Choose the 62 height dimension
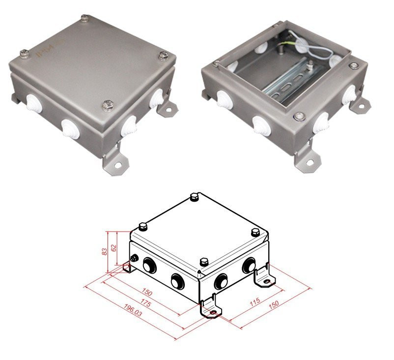pyautogui.click(x=114, y=248)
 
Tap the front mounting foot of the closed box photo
pyautogui.click(x=114, y=162)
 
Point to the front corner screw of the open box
pyautogui.click(x=298, y=116)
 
